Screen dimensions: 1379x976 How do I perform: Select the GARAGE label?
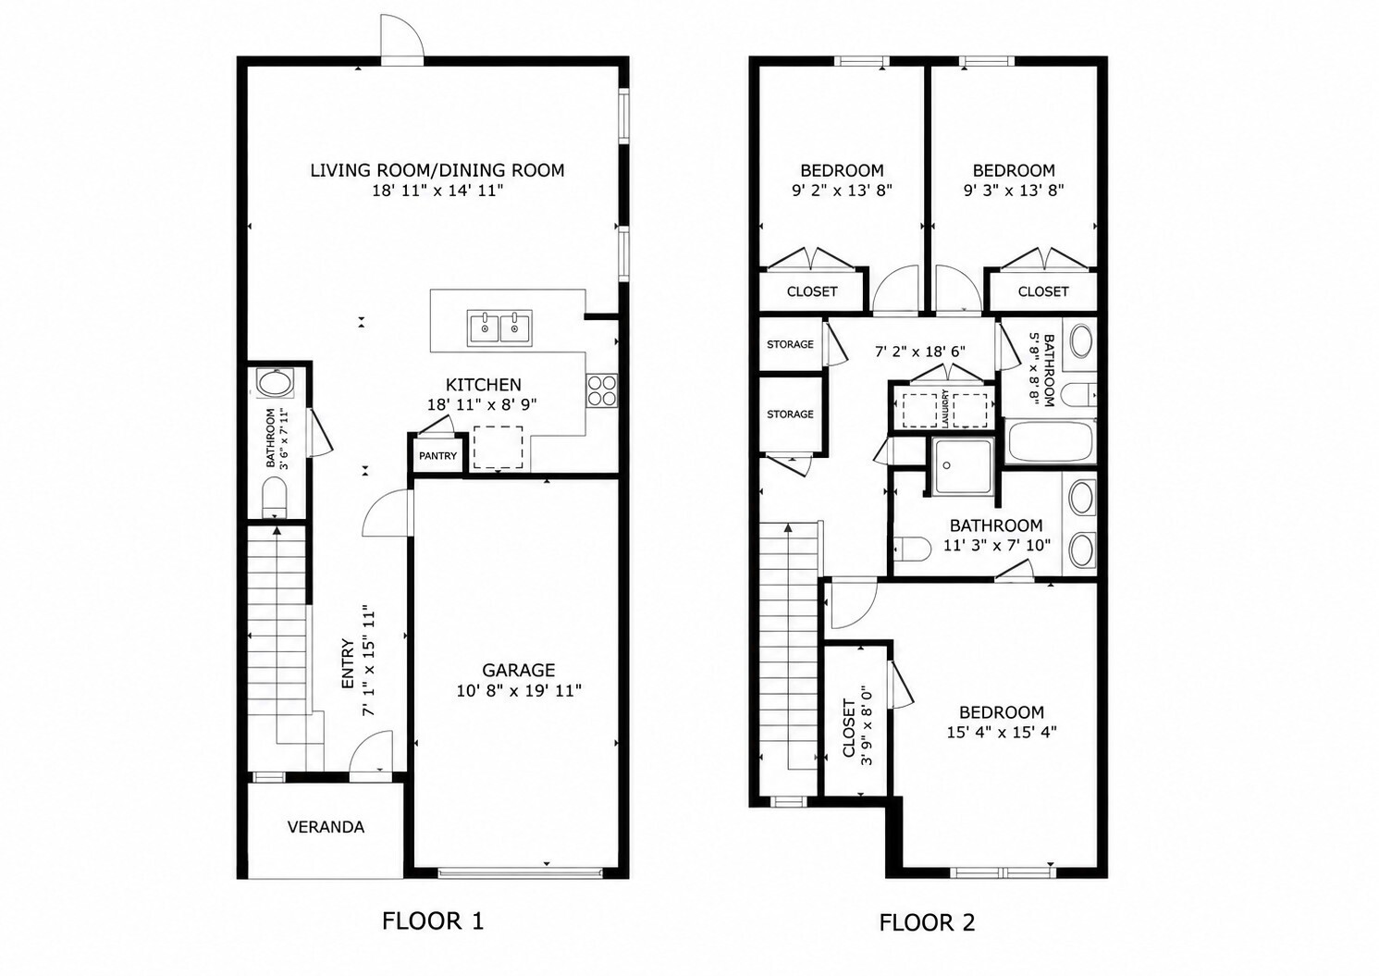click(x=518, y=670)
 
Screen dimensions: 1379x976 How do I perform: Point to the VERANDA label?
click(x=326, y=827)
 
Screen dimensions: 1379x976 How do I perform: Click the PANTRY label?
click(x=437, y=456)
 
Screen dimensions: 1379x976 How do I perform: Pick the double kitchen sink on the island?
click(x=499, y=328)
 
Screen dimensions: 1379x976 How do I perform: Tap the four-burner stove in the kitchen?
click(x=601, y=390)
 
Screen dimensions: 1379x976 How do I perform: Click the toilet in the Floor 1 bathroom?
click(x=275, y=497)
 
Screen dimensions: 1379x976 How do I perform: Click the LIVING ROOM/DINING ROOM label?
click(x=437, y=170)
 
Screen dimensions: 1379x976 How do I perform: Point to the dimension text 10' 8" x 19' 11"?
click(x=519, y=691)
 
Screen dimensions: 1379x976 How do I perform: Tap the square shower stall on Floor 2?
click(x=962, y=467)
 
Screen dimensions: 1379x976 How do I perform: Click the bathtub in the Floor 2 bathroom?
click(x=1050, y=441)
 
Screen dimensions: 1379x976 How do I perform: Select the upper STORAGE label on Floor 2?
click(x=790, y=344)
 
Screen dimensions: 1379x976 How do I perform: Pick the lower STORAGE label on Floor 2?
click(x=790, y=414)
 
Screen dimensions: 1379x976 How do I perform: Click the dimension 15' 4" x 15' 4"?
click(x=1002, y=733)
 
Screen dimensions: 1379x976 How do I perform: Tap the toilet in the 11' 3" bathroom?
click(x=912, y=549)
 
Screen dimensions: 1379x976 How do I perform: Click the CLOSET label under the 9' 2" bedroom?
click(x=812, y=291)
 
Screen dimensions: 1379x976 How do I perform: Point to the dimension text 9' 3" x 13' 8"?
click(x=1014, y=191)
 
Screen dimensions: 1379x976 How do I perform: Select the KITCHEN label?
click(x=484, y=385)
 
